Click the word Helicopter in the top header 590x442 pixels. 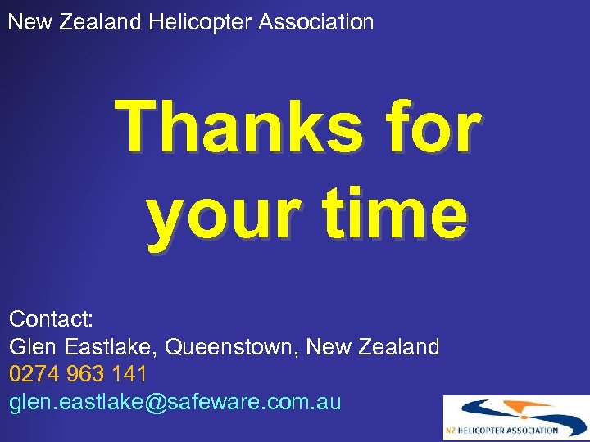(200, 22)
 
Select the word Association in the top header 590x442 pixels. (315, 22)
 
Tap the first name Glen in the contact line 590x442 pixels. (30, 347)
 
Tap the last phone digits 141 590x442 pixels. (129, 375)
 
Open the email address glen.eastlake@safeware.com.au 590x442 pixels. (175, 403)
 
